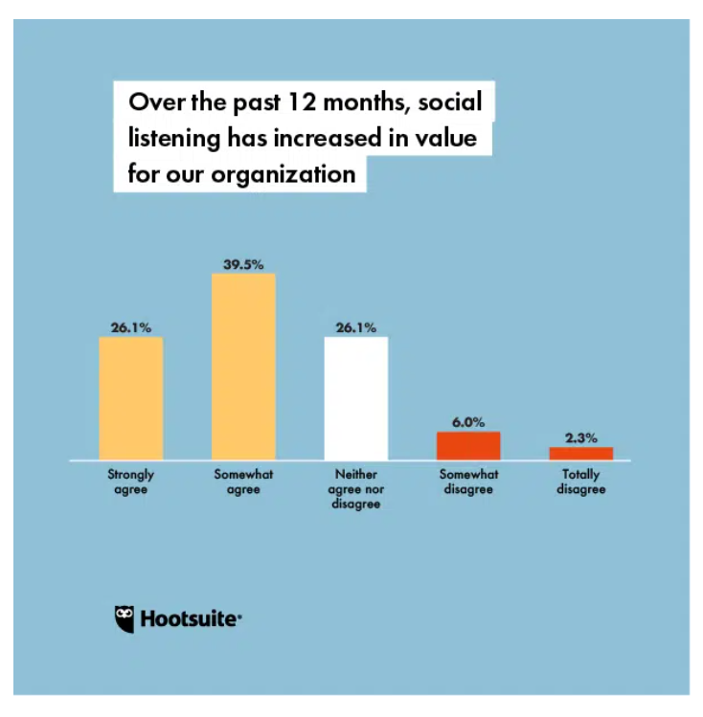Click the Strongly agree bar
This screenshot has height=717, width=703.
click(x=130, y=398)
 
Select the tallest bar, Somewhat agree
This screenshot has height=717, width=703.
click(x=243, y=367)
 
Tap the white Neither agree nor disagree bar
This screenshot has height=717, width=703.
click(x=356, y=398)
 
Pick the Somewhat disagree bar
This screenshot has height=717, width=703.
click(x=468, y=446)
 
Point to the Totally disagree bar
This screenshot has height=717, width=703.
click(x=580, y=454)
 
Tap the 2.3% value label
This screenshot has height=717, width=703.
click(x=580, y=437)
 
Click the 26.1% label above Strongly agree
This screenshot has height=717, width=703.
click(x=130, y=326)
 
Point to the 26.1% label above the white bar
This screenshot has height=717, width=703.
click(x=355, y=326)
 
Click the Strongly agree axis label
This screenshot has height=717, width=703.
click(x=130, y=482)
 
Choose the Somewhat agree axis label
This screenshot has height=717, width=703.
click(x=243, y=482)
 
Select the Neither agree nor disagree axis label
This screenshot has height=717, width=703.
click(x=356, y=489)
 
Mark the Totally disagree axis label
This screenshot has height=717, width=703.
click(x=580, y=482)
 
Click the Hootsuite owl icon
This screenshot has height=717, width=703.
click(x=125, y=617)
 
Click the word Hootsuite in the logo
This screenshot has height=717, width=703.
click(x=190, y=618)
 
